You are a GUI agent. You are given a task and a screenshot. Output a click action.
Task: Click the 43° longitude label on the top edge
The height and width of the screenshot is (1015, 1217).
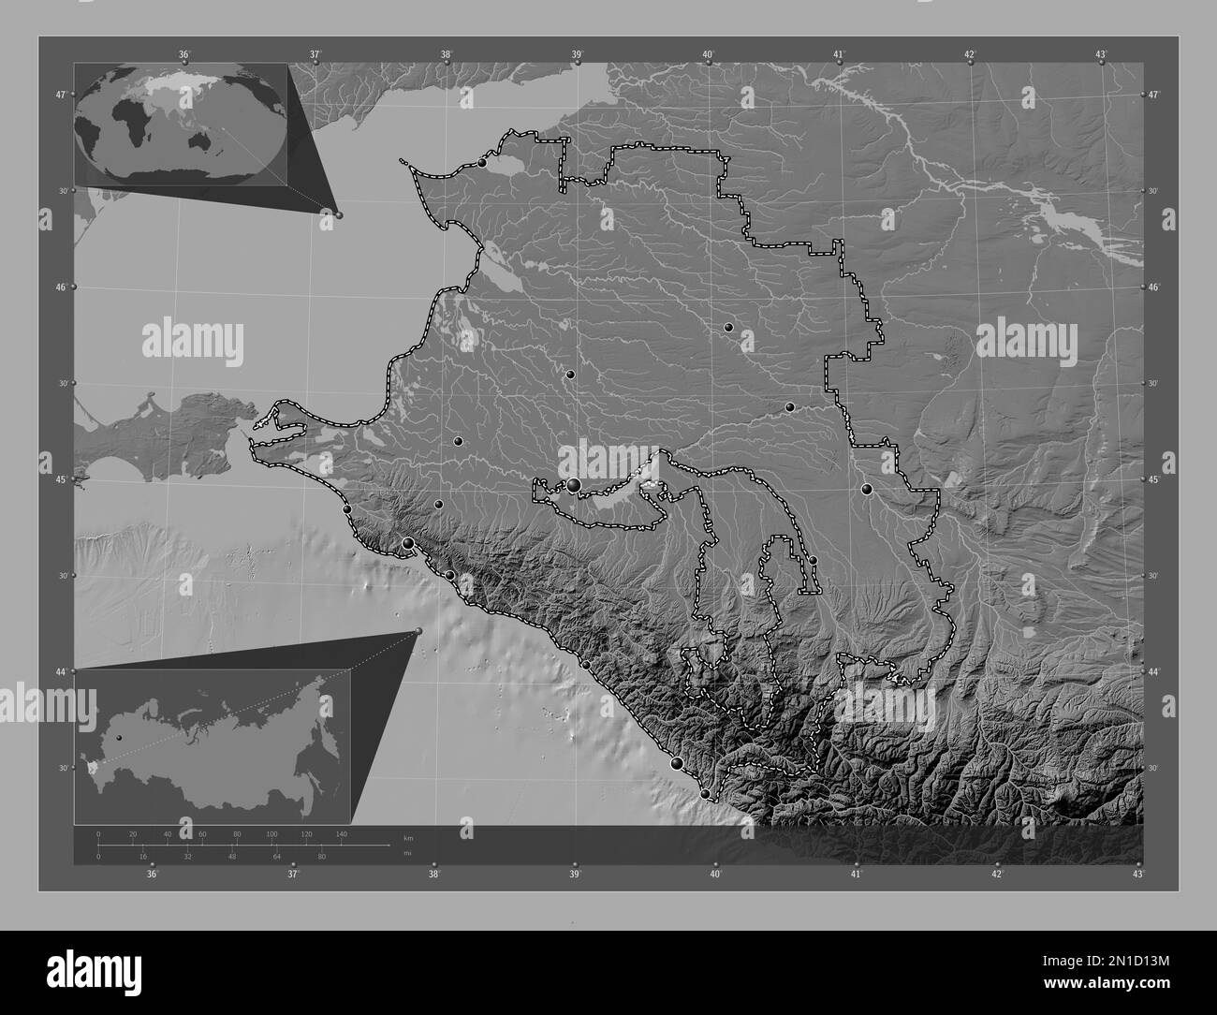tap(1102, 54)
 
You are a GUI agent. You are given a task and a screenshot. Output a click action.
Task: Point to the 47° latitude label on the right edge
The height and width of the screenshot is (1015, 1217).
tap(1153, 96)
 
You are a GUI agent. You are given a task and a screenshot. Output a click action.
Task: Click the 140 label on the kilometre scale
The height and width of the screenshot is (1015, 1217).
tap(341, 833)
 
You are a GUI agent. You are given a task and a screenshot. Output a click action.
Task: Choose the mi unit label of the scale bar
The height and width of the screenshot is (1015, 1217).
tap(406, 852)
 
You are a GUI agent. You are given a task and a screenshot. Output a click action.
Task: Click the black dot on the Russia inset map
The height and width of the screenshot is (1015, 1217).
tap(118, 738)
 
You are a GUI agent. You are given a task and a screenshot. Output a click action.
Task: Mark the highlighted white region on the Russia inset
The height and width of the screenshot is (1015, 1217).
tap(90, 766)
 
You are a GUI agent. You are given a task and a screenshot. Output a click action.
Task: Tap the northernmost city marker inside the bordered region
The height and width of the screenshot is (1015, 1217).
tap(482, 163)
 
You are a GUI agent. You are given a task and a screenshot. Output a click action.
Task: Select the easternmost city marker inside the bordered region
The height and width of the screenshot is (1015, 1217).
tap(866, 488)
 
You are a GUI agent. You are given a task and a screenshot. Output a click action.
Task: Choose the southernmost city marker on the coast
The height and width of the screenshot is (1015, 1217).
tap(705, 794)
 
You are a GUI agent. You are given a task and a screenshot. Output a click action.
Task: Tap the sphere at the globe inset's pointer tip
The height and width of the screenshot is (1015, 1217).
tap(339, 214)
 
